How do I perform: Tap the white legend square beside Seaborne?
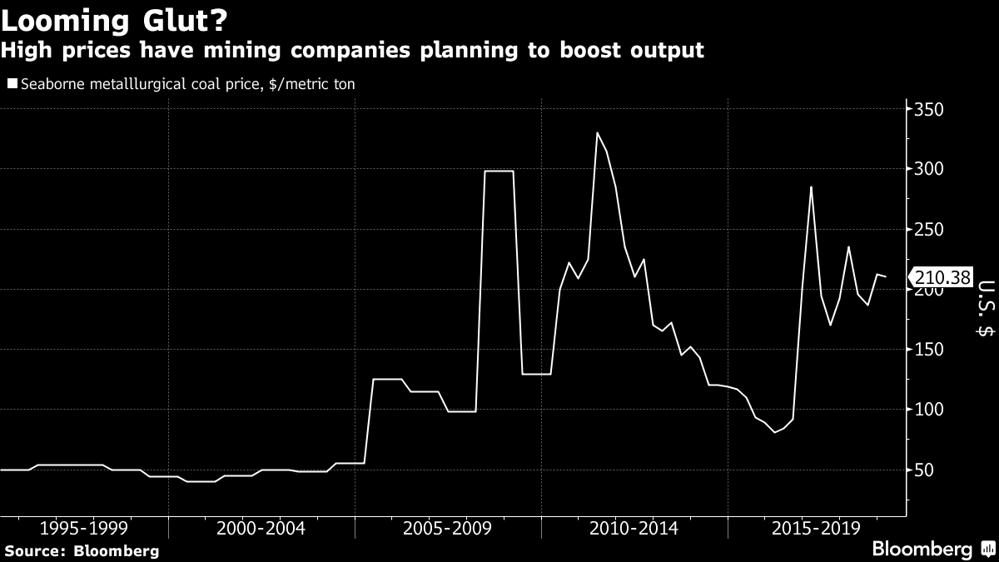pos(12,83)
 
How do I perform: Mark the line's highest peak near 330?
pos(597,132)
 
